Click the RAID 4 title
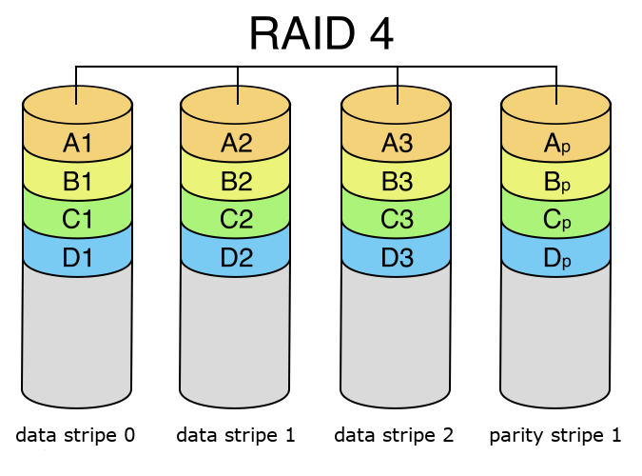[x=321, y=33]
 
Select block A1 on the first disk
[x=77, y=142]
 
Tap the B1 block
[x=77, y=180]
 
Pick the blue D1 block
[x=77, y=256]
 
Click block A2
[x=236, y=142]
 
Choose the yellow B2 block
[x=236, y=180]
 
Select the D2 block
[x=236, y=256]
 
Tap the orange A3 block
[x=397, y=142]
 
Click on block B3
[x=397, y=180]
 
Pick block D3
[x=397, y=256]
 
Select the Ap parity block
[x=556, y=142]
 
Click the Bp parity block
[x=556, y=180]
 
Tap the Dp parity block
[x=556, y=256]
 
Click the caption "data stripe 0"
[x=75, y=435]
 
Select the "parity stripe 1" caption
[x=555, y=436]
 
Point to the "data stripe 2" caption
[x=394, y=435]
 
